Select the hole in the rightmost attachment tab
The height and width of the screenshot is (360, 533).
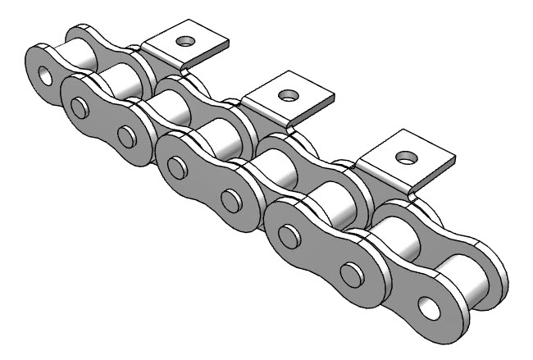coord(403,155)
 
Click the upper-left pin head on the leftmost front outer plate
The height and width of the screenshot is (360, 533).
coord(80,107)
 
